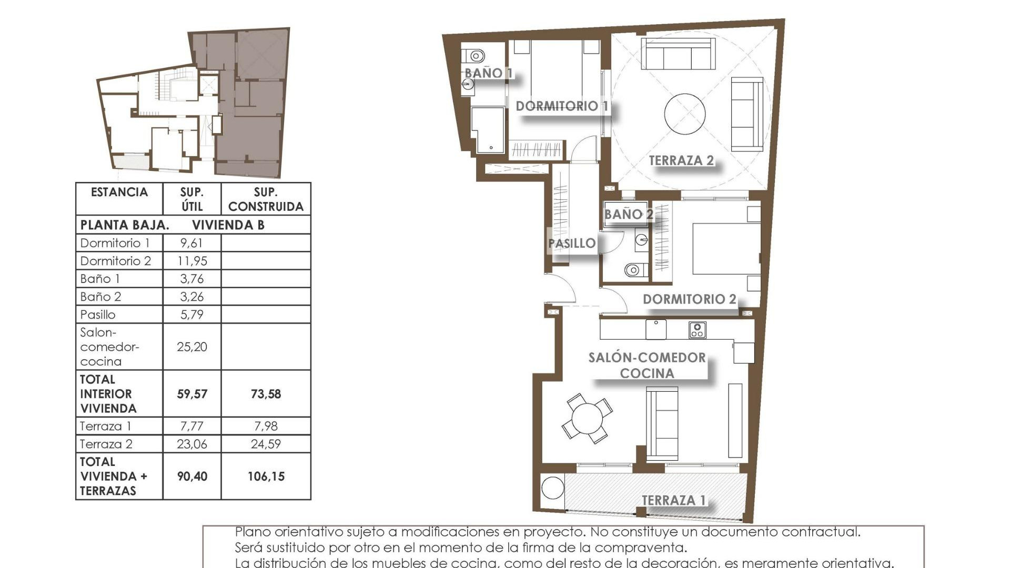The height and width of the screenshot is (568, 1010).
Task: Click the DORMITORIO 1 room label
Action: click(x=562, y=106)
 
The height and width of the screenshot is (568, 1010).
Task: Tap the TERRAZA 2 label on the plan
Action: click(x=681, y=160)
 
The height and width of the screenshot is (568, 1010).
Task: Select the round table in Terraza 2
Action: click(x=684, y=114)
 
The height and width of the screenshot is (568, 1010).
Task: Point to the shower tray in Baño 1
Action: click(x=487, y=130)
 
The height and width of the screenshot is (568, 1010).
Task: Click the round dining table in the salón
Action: click(x=587, y=419)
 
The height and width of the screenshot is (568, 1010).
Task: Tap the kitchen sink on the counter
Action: click(x=656, y=329)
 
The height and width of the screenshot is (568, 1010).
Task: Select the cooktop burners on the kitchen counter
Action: click(x=697, y=330)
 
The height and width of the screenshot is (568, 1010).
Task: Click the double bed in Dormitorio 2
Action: click(x=726, y=249)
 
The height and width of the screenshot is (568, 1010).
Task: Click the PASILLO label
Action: click(x=572, y=244)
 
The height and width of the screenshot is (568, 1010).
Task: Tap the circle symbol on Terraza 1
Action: click(x=552, y=488)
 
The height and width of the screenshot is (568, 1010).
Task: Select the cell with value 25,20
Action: click(x=192, y=347)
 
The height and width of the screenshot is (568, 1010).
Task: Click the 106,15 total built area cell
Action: click(x=266, y=476)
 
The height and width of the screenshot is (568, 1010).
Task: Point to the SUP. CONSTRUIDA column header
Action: click(x=266, y=199)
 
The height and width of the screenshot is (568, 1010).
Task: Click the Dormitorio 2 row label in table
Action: click(x=116, y=261)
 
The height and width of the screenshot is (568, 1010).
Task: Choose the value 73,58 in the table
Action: click(x=266, y=394)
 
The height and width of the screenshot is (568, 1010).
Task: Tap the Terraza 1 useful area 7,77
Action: click(x=192, y=426)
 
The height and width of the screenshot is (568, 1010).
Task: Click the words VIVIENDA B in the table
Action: click(x=228, y=225)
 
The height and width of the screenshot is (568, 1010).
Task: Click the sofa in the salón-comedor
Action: click(x=662, y=424)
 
